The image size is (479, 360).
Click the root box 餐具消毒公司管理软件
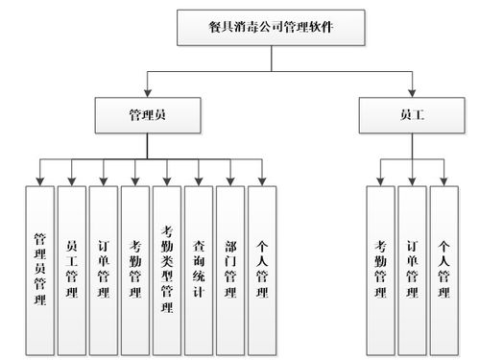[x=273, y=29]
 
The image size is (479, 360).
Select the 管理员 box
[x=147, y=115]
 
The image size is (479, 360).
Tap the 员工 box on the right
[x=413, y=115]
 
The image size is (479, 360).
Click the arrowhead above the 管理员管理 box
[x=40, y=180]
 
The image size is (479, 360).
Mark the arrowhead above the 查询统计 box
[x=199, y=180]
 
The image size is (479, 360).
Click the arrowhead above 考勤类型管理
[x=167, y=180]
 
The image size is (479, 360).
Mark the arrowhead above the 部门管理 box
[x=230, y=180]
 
